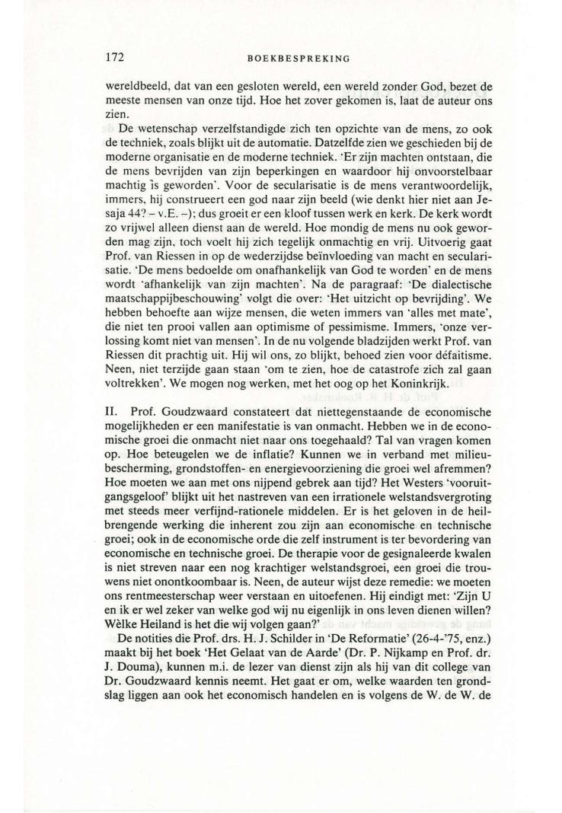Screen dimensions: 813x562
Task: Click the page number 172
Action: tap(115, 56)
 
